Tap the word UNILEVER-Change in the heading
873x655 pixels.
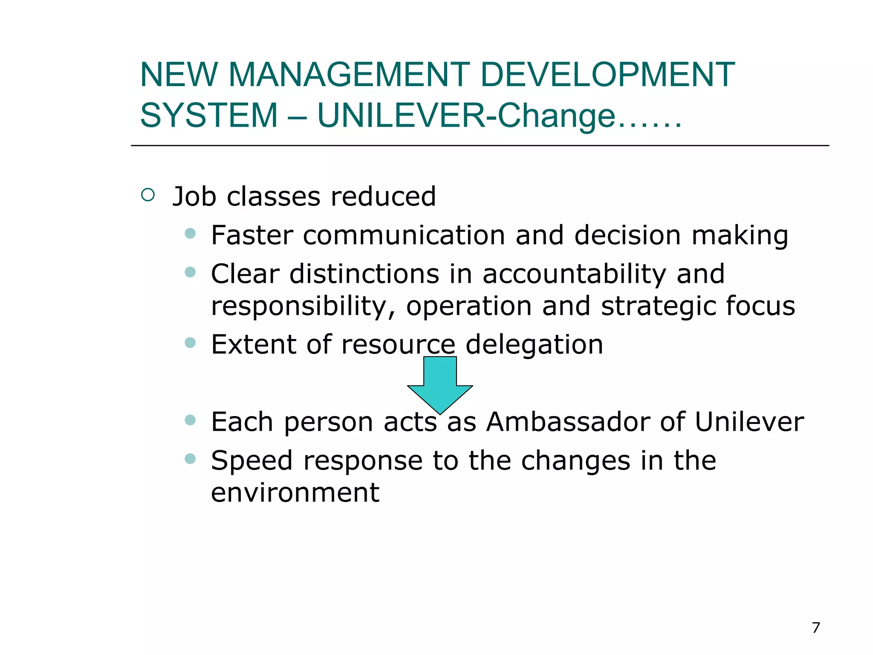point(467,116)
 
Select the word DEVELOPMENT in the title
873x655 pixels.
point(607,75)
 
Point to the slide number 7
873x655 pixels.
point(816,628)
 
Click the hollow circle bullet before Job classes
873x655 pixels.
point(148,195)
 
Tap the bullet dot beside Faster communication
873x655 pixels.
point(190,233)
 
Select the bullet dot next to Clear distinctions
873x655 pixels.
point(190,272)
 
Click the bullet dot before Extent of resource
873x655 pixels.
point(190,342)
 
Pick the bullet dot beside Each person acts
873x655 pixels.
point(190,420)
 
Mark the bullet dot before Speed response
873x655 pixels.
point(190,459)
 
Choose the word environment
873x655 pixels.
point(295,493)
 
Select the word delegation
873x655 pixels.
point(534,345)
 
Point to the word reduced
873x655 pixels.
point(383,197)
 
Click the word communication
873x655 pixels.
point(404,235)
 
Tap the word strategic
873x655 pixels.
point(658,307)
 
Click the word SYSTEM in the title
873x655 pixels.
point(209,116)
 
